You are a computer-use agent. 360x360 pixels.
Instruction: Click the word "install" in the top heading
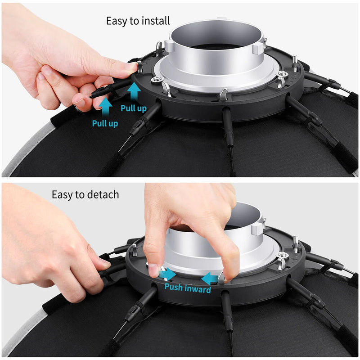[x=156, y=21]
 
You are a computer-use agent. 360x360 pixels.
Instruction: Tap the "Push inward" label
[x=188, y=288]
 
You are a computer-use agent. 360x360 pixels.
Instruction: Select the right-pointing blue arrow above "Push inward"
[x=168, y=274]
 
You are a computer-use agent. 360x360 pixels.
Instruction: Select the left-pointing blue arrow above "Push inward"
[x=209, y=279]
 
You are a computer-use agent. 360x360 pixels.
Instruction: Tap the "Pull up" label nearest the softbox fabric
[x=105, y=123]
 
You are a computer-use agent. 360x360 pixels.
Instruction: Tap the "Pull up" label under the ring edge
[x=134, y=108]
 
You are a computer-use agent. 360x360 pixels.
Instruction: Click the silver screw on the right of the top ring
[x=282, y=74]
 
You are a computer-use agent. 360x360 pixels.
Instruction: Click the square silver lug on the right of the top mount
[x=257, y=49]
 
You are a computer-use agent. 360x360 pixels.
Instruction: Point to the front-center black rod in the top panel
[x=228, y=126]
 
